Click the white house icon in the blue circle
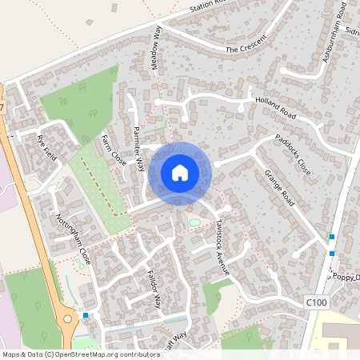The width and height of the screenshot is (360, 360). coord(180,173)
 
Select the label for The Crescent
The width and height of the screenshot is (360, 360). coord(243,49)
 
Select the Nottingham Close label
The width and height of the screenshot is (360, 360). coord(74,239)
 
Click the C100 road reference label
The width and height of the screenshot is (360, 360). coord(317,302)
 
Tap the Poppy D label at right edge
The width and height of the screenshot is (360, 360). coord(346,277)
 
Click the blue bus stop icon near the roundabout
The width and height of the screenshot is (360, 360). coord(86,316)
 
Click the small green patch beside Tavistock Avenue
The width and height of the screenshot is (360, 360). coord(195,222)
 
